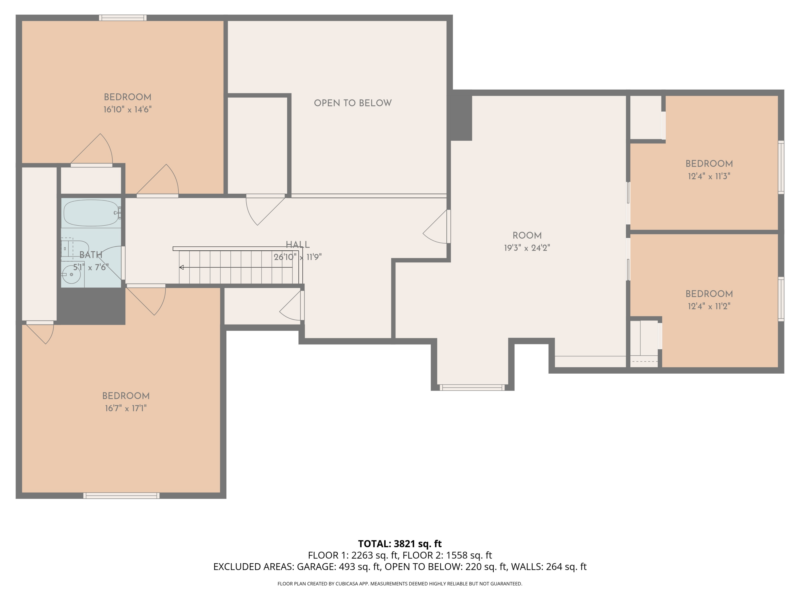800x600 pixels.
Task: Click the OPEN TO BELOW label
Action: (x=353, y=103)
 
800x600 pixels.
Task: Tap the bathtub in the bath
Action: (x=90, y=213)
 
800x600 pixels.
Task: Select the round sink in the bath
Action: (x=71, y=274)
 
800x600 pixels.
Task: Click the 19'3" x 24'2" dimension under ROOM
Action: (x=527, y=248)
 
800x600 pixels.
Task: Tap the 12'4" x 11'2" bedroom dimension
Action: (x=709, y=306)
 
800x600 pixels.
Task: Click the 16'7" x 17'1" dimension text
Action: (x=126, y=408)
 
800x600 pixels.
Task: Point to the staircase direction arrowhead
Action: (x=182, y=267)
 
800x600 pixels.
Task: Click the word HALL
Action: (x=297, y=245)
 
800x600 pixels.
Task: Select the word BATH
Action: (x=91, y=255)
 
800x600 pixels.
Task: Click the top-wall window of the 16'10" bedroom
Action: (x=123, y=18)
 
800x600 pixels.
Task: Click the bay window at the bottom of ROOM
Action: (x=472, y=388)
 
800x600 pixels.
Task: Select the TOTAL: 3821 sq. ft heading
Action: (x=400, y=543)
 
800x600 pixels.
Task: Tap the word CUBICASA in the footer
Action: (x=347, y=584)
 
